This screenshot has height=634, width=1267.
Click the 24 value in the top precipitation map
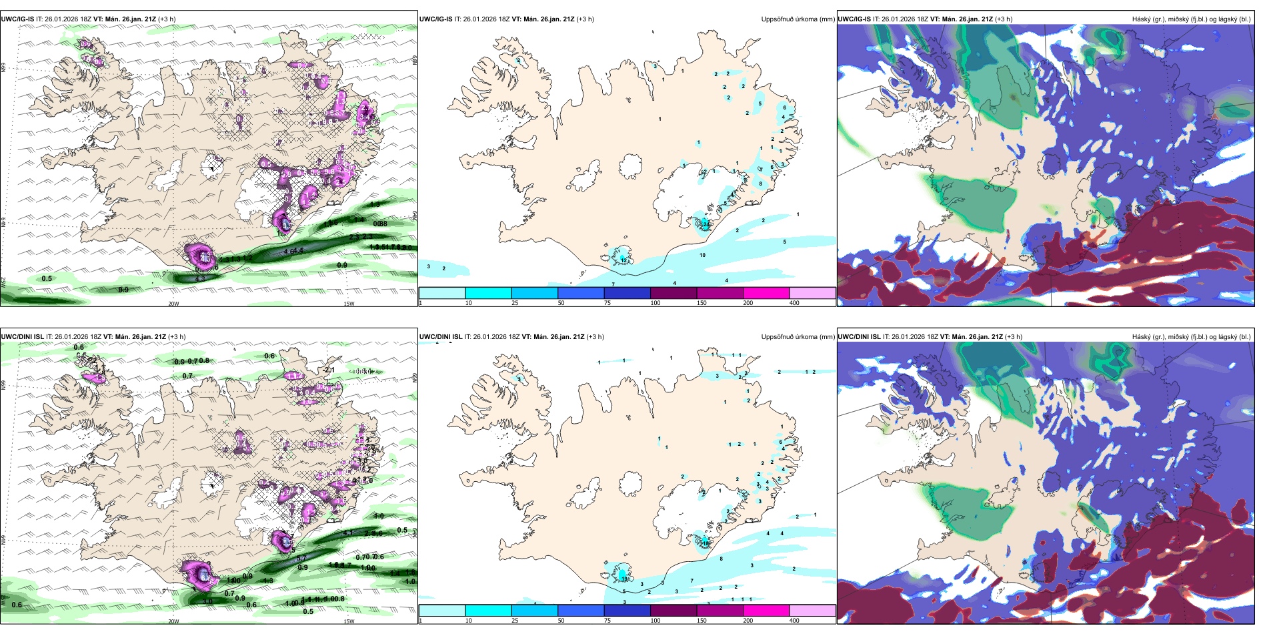click(705, 224)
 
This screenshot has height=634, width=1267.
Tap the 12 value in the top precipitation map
click(623, 260)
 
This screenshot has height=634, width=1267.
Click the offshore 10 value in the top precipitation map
click(702, 255)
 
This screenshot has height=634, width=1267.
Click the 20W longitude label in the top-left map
click(173, 304)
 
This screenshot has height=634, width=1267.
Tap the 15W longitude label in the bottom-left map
click(348, 621)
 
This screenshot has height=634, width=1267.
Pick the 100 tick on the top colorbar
click(656, 303)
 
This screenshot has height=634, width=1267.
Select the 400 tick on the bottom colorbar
click(794, 621)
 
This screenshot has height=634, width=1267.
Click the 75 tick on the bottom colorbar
click(607, 621)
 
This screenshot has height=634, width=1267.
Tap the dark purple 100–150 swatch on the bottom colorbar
click(673, 611)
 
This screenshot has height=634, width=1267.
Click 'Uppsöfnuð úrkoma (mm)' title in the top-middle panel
click(798, 19)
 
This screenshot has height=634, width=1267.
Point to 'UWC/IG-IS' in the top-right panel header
click(854, 19)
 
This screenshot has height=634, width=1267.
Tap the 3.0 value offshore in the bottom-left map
click(207, 601)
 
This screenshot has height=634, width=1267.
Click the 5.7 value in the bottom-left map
click(215, 582)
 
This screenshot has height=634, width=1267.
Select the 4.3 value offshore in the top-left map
click(199, 278)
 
